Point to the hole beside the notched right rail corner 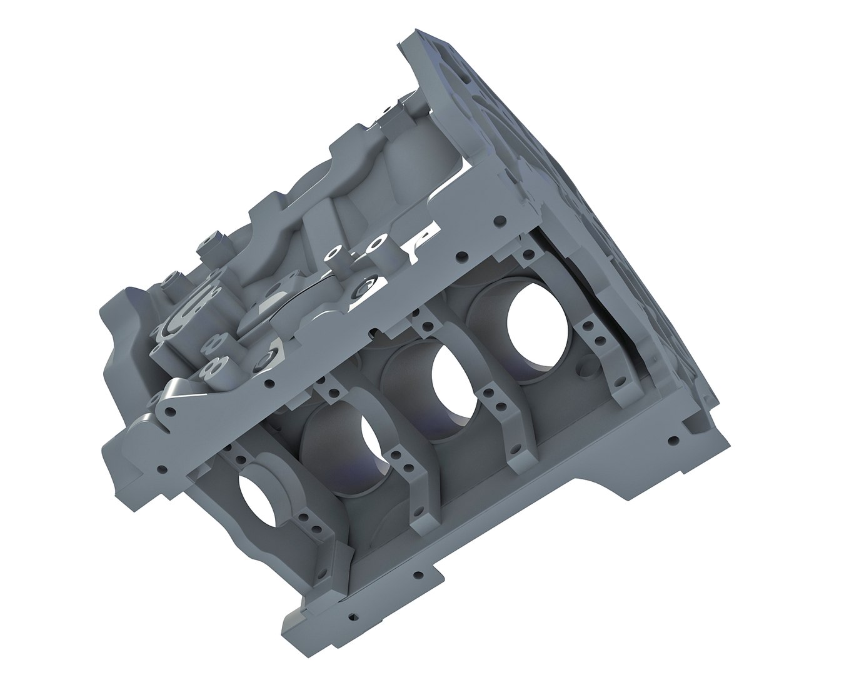click(673, 440)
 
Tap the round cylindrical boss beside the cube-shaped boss click(170, 279)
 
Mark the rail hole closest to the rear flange click(498, 221)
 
